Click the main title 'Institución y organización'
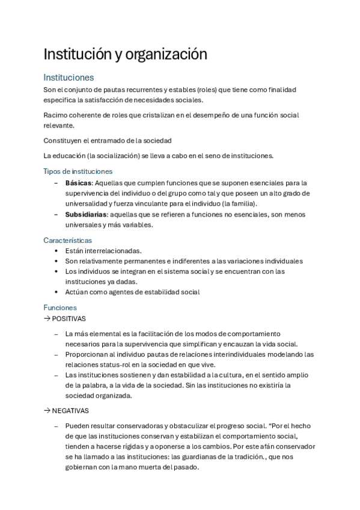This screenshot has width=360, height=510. click(125, 54)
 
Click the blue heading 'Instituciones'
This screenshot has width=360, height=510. click(68, 78)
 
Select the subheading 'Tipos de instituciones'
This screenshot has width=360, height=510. click(78, 171)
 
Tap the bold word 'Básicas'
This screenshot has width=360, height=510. click(78, 183)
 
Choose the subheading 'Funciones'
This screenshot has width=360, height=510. click(59, 307)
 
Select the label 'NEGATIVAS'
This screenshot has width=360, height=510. click(70, 411)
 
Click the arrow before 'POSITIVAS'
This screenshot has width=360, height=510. click(47, 319)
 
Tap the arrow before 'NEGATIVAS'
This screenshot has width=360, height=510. click(47, 411)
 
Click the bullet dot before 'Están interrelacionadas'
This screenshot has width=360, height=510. click(56, 251)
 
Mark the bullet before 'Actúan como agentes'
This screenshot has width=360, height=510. click(56, 292)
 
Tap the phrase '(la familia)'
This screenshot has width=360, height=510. click(236, 204)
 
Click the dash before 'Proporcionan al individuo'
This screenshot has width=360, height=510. click(56, 354)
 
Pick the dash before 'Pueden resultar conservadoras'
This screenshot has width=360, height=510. click(56, 426)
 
